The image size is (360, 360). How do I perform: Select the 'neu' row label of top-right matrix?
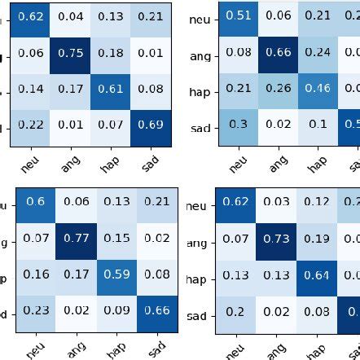pyautogui.click(x=200, y=17)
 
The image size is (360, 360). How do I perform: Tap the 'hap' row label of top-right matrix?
pyautogui.click(x=200, y=91)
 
